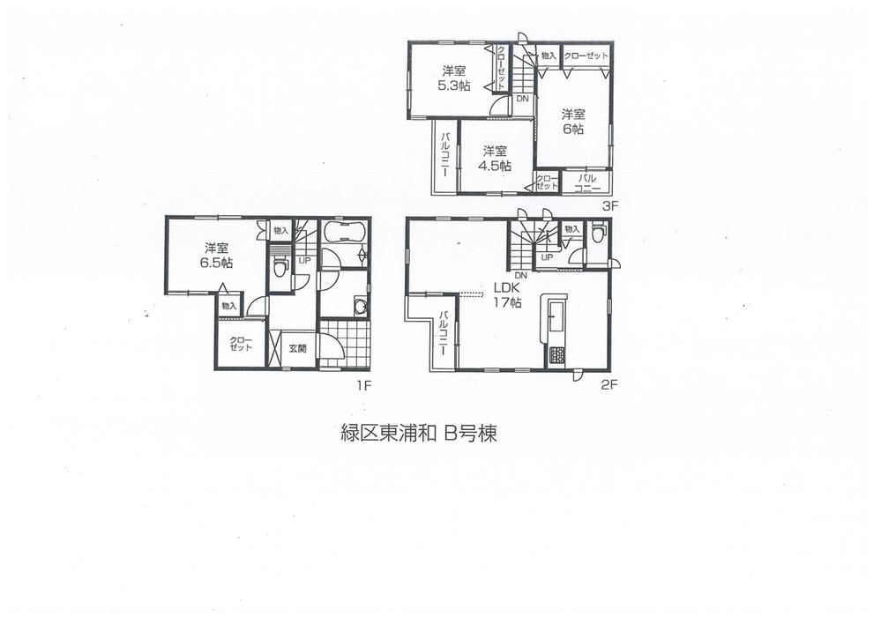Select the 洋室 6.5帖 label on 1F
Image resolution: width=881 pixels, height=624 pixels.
point(214,256)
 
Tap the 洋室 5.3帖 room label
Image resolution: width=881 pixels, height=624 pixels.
point(453,78)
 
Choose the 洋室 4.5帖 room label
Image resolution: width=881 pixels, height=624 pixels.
point(496,158)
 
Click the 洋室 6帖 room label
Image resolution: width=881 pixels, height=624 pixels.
point(573,121)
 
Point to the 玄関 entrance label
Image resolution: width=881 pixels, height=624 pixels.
point(297,348)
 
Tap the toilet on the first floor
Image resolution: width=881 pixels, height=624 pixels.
point(280,268)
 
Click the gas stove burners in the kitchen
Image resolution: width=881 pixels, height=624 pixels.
point(557,357)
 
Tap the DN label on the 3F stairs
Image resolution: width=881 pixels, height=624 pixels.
point(522,99)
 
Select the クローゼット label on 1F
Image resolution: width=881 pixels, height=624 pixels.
point(241,344)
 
